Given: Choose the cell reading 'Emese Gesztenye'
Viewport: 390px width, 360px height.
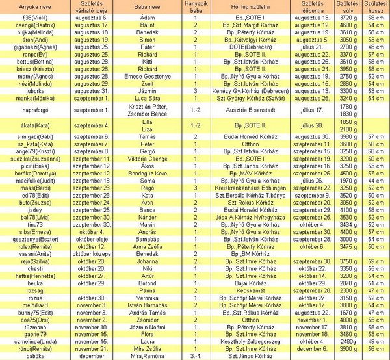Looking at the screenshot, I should point(148,77).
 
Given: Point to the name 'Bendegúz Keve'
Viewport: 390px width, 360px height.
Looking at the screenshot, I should point(148,174).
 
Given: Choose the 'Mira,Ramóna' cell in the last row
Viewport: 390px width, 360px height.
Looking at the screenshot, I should point(148,355).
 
